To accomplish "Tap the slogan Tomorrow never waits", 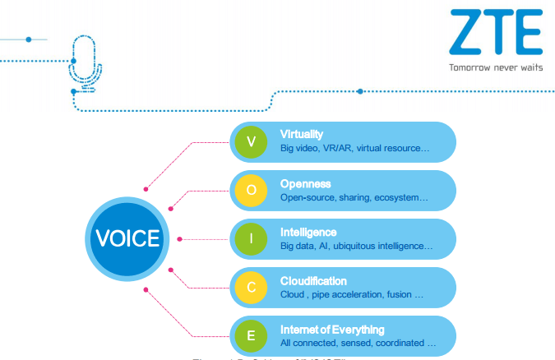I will click(x=495, y=68).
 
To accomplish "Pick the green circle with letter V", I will click(x=252, y=141).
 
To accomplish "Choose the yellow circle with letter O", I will click(x=252, y=190).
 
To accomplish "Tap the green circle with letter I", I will click(x=252, y=238).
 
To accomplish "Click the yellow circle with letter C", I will click(x=252, y=287).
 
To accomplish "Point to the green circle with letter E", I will click(x=252, y=335).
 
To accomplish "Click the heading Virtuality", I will click(x=302, y=134).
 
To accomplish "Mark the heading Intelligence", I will click(x=308, y=232).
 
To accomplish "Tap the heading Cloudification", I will click(x=313, y=280).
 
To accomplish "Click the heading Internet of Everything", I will click(x=332, y=329).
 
